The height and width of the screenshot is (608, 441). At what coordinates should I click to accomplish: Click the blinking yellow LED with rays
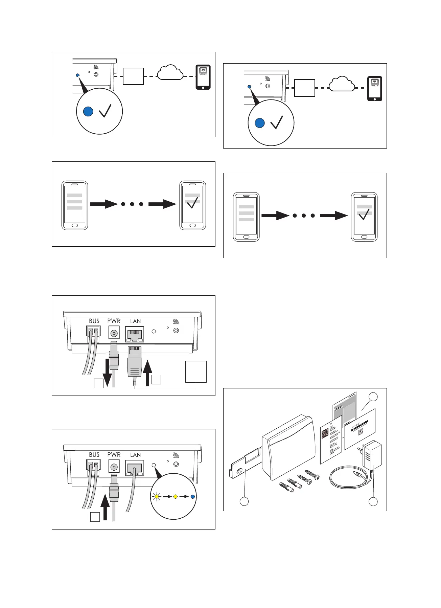[x=156, y=497]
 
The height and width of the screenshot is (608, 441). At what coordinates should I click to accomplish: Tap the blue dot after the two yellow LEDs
[x=193, y=497]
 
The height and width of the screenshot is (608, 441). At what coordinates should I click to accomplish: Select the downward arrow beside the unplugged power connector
[x=107, y=372]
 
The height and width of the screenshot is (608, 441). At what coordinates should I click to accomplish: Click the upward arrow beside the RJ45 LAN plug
[x=147, y=373]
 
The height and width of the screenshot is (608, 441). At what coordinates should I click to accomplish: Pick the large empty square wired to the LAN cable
[x=196, y=371]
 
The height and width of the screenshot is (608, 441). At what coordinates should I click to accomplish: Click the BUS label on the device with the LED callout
[x=94, y=455]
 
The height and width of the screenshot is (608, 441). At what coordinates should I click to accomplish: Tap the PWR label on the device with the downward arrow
[x=114, y=321]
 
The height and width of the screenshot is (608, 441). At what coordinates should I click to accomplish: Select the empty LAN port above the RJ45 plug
[x=134, y=334]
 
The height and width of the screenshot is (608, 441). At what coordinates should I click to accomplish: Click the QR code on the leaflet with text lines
[x=325, y=433]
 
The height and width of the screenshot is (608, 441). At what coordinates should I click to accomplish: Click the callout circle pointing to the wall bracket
[x=244, y=501]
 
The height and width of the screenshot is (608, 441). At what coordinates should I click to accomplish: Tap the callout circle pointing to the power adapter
[x=373, y=501]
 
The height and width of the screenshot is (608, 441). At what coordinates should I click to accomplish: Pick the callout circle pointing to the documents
[x=373, y=397]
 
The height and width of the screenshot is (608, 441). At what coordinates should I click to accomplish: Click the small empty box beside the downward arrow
[x=98, y=383]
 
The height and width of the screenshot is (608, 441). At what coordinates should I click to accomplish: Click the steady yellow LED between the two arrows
[x=175, y=497]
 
